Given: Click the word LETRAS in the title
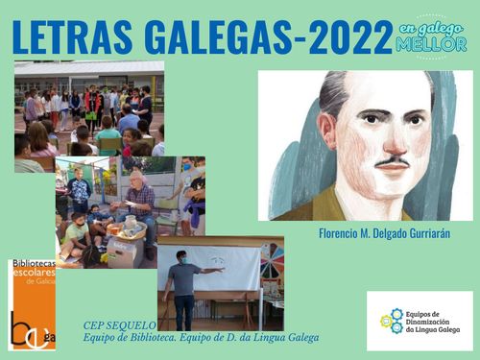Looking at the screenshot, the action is click(x=72, y=37).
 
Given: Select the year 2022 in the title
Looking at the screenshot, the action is click(x=348, y=37).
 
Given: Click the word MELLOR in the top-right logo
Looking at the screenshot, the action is click(x=431, y=44).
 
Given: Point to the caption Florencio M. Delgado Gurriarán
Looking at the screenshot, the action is click(x=384, y=233).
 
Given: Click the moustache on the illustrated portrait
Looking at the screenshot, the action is click(x=393, y=162).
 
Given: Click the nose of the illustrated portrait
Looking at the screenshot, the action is click(x=396, y=142).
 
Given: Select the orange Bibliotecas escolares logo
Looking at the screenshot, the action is click(x=32, y=305).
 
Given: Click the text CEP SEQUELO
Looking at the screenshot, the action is click(x=119, y=325).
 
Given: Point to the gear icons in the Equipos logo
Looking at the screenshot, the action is click(x=392, y=321).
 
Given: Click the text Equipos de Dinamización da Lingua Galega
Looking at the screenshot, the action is click(x=433, y=322).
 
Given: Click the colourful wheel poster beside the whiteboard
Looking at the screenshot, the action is click(x=273, y=260).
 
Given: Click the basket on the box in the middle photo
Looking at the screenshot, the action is click(x=127, y=228).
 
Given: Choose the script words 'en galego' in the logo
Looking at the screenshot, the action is click(x=431, y=29).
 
